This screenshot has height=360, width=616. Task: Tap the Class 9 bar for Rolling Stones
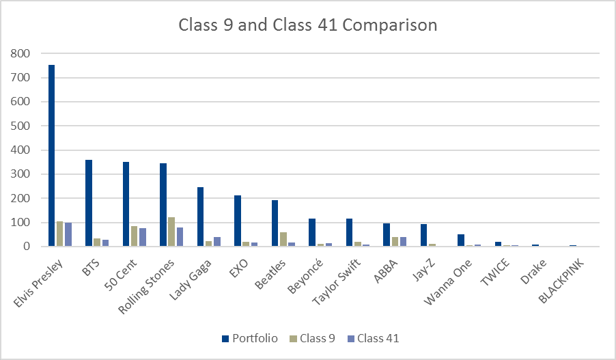pyautogui.click(x=171, y=232)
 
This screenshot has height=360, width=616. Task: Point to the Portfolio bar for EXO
pyautogui.click(x=238, y=221)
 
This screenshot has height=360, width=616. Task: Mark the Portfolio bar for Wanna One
pyautogui.click(x=461, y=240)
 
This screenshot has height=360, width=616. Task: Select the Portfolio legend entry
pyautogui.click(x=249, y=338)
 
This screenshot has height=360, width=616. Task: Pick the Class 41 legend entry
pyautogui.click(x=373, y=338)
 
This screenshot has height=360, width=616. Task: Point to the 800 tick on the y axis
pyautogui.click(x=21, y=53)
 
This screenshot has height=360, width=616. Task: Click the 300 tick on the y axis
pyautogui.click(x=21, y=174)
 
